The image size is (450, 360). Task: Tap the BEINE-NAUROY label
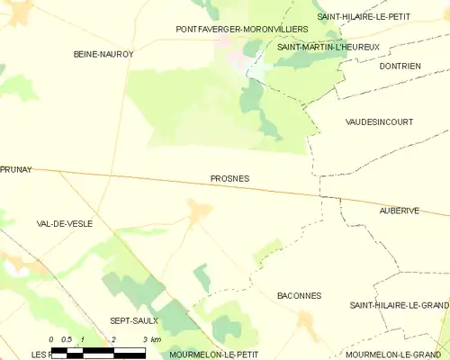[103, 55]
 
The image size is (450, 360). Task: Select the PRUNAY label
[16, 169]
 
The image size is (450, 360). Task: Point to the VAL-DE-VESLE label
[61, 222]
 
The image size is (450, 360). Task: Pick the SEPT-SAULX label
[134, 319]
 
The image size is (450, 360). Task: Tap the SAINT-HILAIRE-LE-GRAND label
[399, 306]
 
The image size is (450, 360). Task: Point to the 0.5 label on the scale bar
[67, 339]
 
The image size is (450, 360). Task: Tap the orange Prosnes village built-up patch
[198, 210]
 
